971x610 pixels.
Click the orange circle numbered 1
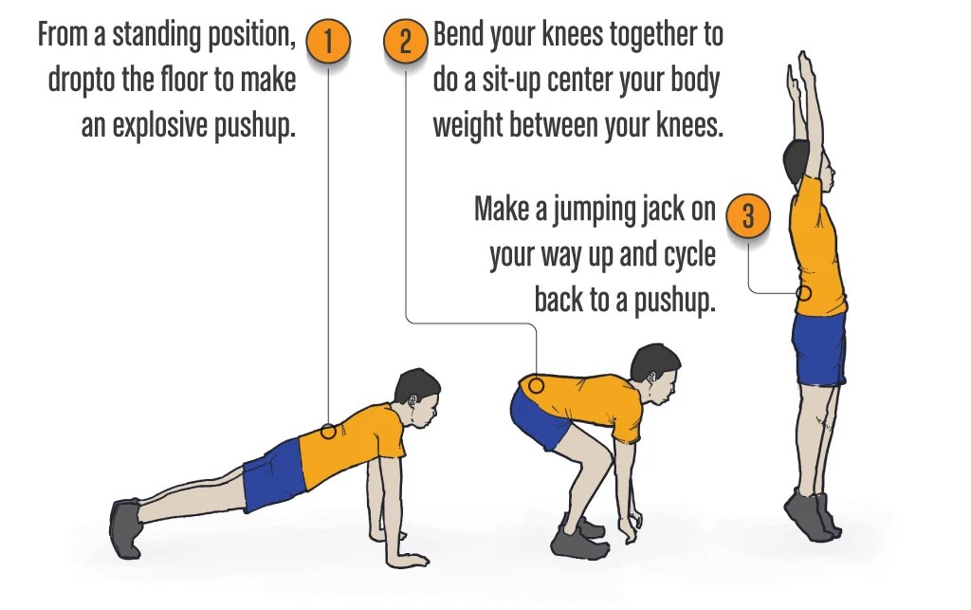[328, 43]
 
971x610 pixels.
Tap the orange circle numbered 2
[406, 43]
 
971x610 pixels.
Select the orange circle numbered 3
[748, 216]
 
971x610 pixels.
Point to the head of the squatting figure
[656, 371]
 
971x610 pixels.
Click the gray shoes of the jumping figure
[813, 516]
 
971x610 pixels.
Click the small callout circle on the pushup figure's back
[328, 431]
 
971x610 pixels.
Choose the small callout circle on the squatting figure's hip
[536, 385]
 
